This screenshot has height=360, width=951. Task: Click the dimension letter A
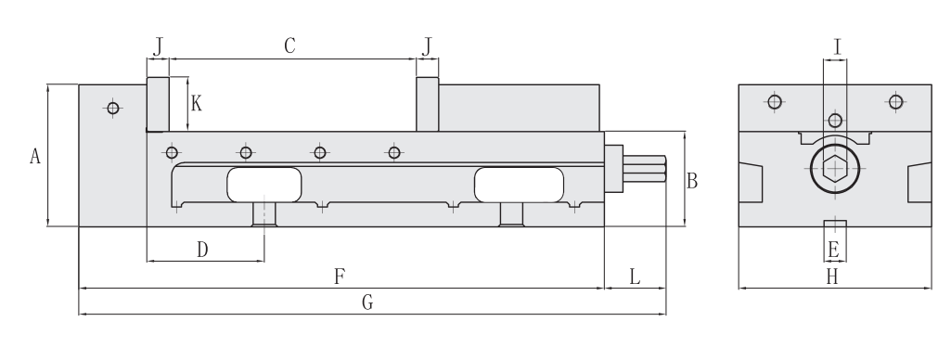(35, 157)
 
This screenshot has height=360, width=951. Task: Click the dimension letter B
(692, 181)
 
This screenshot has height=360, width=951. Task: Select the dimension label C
(289, 45)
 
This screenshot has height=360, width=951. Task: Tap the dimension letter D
(202, 249)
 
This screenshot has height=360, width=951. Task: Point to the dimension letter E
(833, 249)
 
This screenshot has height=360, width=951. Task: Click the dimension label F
(340, 277)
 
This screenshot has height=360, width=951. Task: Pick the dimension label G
(367, 302)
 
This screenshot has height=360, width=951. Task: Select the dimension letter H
(832, 277)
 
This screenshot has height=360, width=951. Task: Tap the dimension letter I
(838, 46)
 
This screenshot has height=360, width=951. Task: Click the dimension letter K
(196, 104)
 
